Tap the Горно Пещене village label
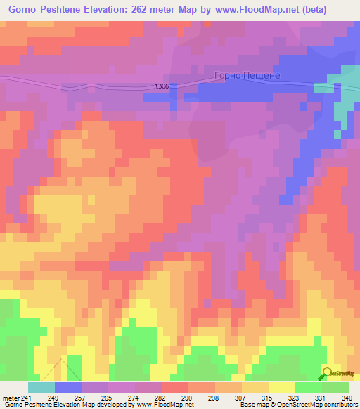coord(247,75)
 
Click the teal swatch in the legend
coord(41,387)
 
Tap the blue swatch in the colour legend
coord(68,387)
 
